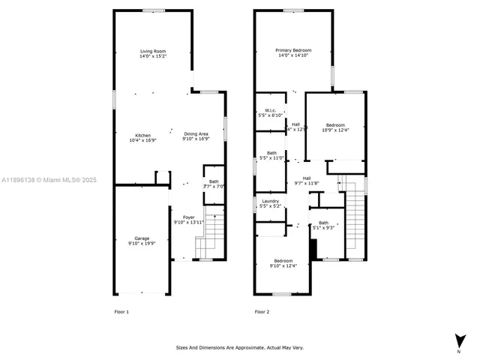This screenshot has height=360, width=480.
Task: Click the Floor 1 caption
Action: (121, 311)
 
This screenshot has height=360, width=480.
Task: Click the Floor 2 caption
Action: (262, 311)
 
